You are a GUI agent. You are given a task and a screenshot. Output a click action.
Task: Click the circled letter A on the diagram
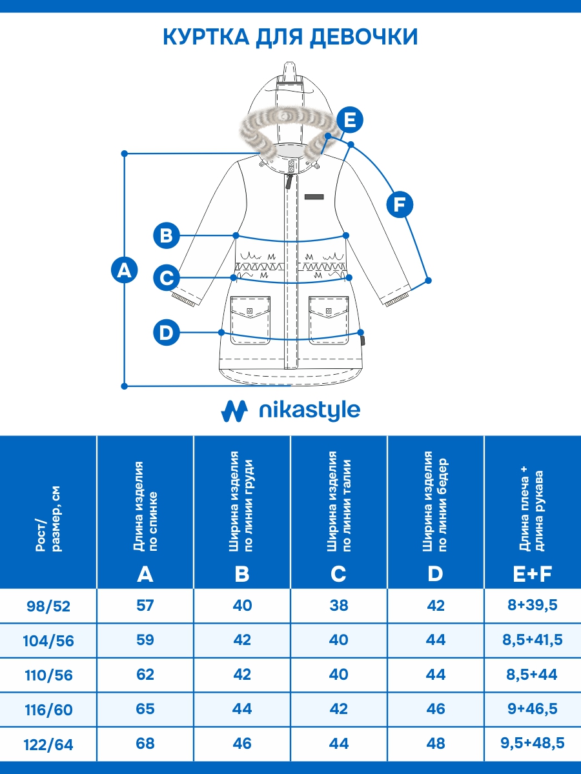tap(124, 270)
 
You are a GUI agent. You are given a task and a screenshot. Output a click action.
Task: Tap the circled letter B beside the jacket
tap(167, 235)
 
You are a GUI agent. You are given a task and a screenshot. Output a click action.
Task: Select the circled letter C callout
tap(167, 278)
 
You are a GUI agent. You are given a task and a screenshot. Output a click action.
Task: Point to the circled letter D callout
tap(167, 333)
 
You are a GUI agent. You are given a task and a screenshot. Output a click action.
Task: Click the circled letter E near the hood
tap(349, 121)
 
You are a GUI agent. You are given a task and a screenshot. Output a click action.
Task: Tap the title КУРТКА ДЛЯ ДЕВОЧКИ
tap(290, 37)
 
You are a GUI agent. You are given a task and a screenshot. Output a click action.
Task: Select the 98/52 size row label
tap(49, 606)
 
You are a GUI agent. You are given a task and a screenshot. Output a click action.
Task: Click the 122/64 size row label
tap(49, 745)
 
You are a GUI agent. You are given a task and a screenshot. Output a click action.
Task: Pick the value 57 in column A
tap(145, 606)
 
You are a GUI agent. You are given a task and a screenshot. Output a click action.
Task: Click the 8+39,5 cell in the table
tap(532, 606)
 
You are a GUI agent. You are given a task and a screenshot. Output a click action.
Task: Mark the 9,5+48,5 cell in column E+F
tap(532, 744)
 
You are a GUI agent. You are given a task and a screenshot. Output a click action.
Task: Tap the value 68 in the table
tap(145, 744)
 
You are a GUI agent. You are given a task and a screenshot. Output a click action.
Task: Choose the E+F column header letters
tap(532, 573)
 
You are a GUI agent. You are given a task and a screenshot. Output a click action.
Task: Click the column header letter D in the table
tap(436, 573)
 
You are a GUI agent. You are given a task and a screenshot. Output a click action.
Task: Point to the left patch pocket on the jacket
tap(251, 319)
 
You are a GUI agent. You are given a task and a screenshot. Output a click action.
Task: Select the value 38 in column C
tap(339, 606)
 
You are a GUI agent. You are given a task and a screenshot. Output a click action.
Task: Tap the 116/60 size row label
tap(49, 710)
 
